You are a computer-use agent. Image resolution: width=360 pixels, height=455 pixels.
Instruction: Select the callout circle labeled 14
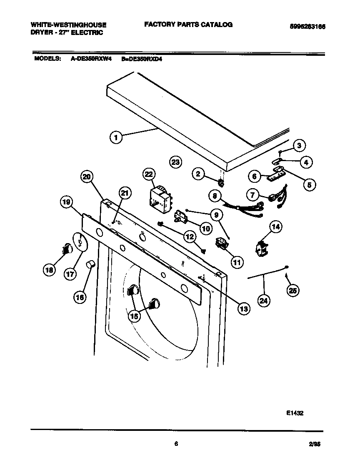pos(275,227)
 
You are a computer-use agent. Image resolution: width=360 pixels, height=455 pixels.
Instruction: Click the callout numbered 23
pos(176,162)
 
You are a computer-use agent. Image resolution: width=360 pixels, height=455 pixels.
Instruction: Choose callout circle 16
pos(80,296)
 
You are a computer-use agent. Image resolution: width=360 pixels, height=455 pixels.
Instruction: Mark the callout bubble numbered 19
pos(67,203)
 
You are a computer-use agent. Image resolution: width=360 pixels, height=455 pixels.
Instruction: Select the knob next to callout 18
pos(67,249)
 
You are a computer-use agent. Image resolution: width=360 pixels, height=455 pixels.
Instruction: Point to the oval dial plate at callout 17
pos(80,241)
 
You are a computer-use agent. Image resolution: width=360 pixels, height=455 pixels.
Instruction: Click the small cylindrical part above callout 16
pos(90,264)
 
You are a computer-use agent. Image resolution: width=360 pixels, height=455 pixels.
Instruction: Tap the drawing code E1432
pos(295,413)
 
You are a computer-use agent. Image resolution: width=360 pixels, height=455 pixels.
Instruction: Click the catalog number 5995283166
pos(307,27)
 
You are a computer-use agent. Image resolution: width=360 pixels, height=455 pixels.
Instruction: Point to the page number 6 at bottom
pos(176,444)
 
